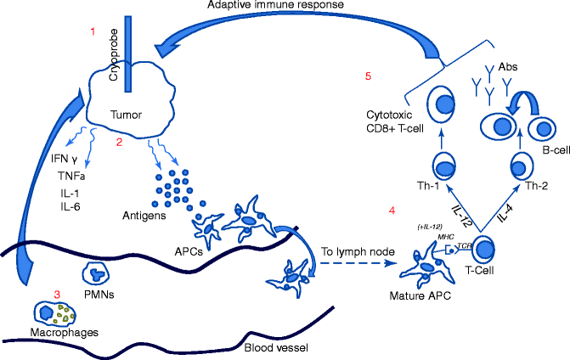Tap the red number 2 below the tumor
point(120,142)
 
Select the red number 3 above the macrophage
point(57,294)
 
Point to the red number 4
point(392,210)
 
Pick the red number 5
point(368,77)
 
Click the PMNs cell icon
point(99,273)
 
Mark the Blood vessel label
point(275,348)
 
